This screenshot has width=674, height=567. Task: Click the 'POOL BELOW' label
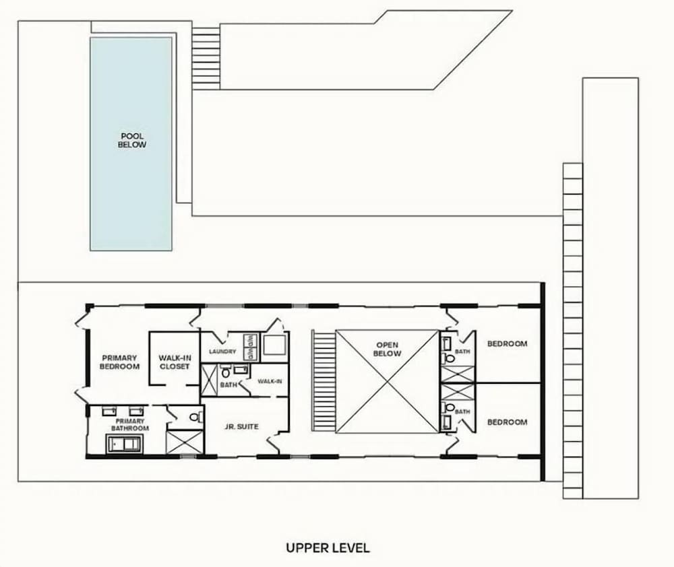pos(132,141)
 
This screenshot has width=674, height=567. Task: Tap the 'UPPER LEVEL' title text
pos(328,547)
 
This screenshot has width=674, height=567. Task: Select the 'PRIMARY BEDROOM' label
pos(119,362)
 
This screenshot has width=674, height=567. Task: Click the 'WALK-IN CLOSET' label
pos(175,362)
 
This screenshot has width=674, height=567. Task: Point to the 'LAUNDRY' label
pos(222,352)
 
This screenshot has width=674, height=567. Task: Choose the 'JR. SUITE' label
pos(241,426)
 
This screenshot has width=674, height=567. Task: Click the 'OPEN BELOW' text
pos(388,349)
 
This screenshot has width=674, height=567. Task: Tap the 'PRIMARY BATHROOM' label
pos(130,425)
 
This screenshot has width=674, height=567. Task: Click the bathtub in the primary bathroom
pos(124,444)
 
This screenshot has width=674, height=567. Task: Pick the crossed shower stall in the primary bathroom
pos(185,442)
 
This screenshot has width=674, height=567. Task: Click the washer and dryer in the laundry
pos(250,347)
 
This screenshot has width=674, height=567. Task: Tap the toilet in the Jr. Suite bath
pos(226,373)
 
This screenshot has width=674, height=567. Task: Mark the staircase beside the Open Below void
pos(324,380)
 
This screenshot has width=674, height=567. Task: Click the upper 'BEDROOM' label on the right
pos(508,343)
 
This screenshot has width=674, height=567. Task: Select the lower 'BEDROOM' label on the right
pos(508,422)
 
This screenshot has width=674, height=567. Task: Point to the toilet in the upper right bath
pos(449,358)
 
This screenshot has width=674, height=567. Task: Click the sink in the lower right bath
pos(448,422)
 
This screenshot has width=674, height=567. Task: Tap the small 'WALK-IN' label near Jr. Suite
pos(270,381)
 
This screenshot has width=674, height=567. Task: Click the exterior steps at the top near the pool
pos(206,59)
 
